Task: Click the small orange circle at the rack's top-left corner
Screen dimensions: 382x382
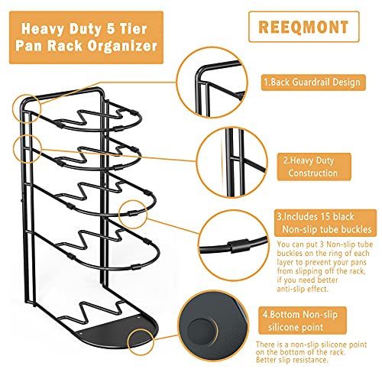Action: (27, 108)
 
